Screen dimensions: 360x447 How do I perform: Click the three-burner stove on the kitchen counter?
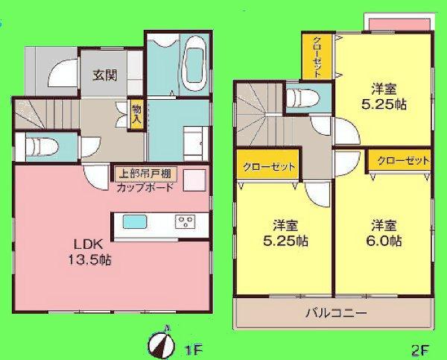[185, 221]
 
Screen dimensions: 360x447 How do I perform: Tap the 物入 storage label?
[136, 113]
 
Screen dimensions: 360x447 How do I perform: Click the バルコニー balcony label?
[335, 313]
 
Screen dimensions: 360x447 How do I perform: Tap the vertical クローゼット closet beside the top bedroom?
[317, 56]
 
